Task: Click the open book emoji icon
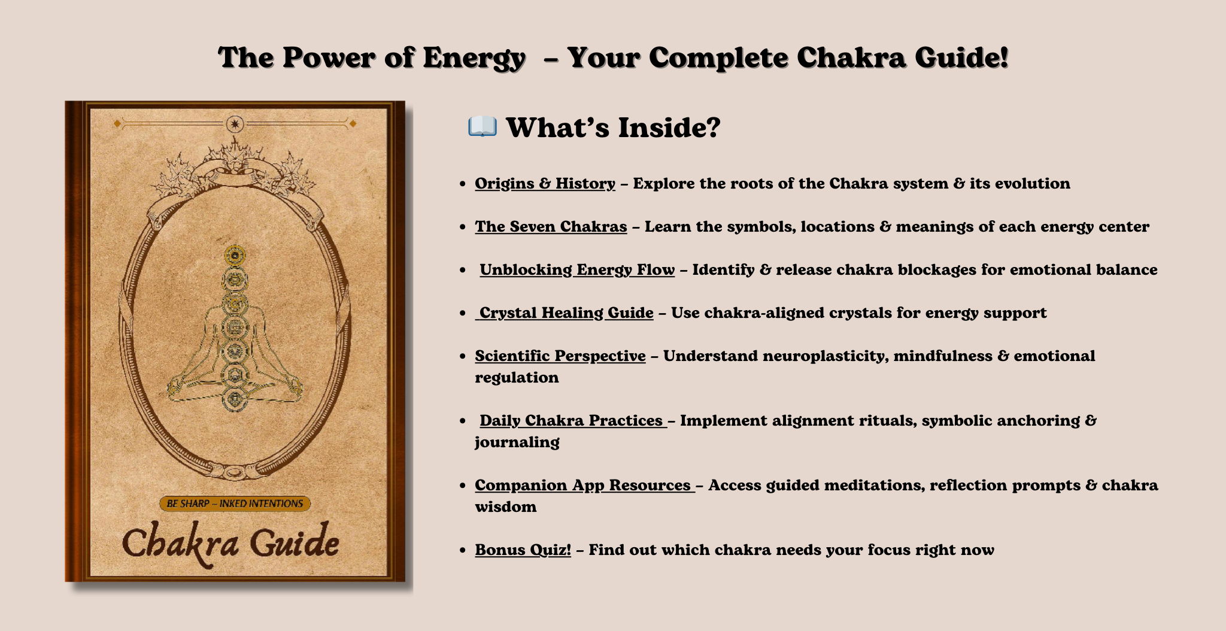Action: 482,127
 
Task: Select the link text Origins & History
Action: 545,183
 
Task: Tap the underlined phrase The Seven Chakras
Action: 551,226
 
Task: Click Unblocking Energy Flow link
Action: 577,270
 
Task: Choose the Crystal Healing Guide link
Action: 565,313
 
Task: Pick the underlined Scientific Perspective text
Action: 560,356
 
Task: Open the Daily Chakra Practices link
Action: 573,421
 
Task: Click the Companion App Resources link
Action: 585,485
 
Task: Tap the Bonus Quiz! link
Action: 523,550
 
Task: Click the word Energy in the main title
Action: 474,59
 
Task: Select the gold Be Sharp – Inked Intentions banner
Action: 235,503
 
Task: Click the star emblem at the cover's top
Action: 235,124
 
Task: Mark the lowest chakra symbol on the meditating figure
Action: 235,399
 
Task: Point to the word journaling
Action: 517,442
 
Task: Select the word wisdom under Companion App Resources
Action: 506,506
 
